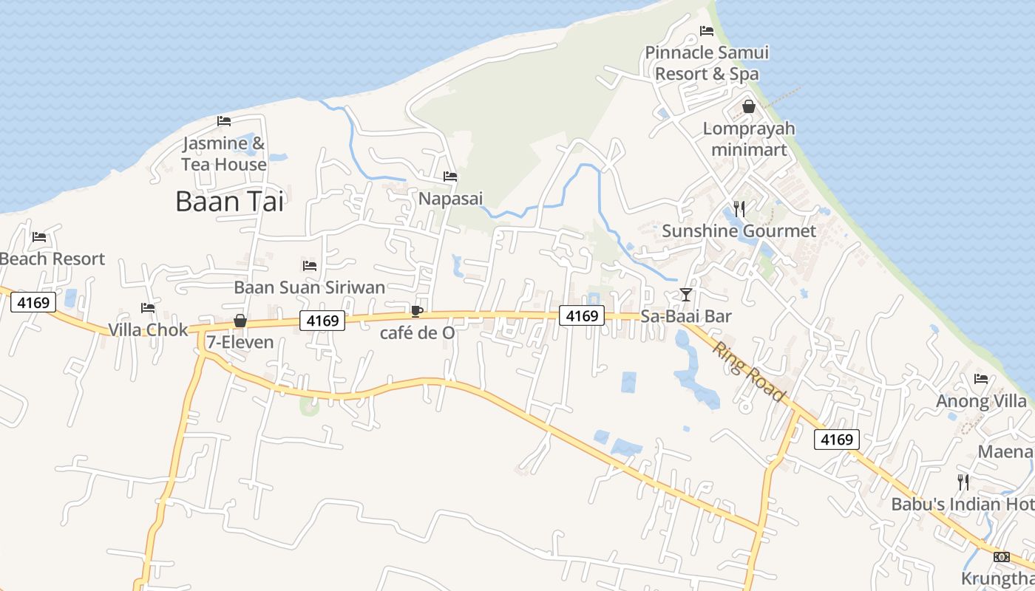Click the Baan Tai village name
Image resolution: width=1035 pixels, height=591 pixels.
pyautogui.click(x=229, y=201)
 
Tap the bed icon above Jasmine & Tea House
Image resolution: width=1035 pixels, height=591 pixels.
pyautogui.click(x=224, y=121)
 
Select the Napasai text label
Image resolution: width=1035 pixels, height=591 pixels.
pyautogui.click(x=450, y=198)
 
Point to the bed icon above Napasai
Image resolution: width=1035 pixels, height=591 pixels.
pyautogui.click(x=449, y=177)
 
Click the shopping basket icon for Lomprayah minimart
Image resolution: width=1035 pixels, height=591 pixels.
pyautogui.click(x=749, y=107)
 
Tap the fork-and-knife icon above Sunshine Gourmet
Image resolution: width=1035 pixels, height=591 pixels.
pyautogui.click(x=739, y=209)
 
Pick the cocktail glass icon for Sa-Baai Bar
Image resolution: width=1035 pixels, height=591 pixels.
pyautogui.click(x=686, y=295)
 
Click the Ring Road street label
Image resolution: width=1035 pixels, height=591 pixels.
pyautogui.click(x=748, y=371)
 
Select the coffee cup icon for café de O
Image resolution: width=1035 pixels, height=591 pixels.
pyautogui.click(x=417, y=311)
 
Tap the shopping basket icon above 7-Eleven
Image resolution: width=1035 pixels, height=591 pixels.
pyautogui.click(x=240, y=321)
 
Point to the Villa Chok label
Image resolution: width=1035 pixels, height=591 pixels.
pyautogui.click(x=148, y=329)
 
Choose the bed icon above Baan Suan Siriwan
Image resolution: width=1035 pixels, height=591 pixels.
pyautogui.click(x=310, y=266)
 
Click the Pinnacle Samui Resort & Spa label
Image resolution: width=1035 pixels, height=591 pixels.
pyautogui.click(x=707, y=63)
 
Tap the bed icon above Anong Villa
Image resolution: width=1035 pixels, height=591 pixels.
pyautogui.click(x=981, y=380)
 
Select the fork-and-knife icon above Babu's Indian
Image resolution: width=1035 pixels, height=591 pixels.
pyautogui.click(x=963, y=482)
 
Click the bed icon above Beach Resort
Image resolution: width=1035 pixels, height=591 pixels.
pyautogui.click(x=39, y=237)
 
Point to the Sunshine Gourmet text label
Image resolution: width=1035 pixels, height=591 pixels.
pyautogui.click(x=739, y=231)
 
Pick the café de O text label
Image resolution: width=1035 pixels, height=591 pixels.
pyautogui.click(x=417, y=332)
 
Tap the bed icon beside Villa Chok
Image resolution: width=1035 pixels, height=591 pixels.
pyautogui.click(x=148, y=308)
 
